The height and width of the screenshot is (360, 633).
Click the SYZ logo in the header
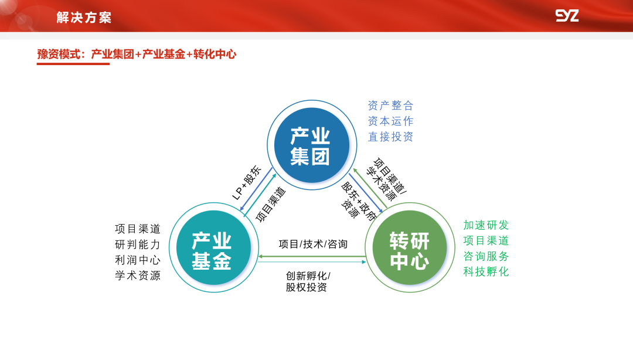567,16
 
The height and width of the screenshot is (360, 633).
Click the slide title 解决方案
84,18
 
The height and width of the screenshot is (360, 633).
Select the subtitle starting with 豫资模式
137,55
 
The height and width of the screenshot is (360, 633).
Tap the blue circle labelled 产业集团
311,145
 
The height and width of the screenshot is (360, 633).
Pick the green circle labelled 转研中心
410,247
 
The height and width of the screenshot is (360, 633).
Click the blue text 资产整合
390,106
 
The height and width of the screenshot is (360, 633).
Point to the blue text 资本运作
390,121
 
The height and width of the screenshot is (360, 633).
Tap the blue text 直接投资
390,137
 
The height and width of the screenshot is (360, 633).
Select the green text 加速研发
486,225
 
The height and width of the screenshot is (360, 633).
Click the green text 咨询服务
486,256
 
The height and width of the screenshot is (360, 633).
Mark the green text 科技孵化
486,271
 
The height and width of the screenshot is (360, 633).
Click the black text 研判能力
138,244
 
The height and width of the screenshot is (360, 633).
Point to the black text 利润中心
138,260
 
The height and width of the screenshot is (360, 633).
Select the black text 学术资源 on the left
138,276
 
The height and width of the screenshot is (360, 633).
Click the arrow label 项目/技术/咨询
313,244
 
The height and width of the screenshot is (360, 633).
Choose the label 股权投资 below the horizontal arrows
307,287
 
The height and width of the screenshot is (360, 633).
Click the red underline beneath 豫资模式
73,63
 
